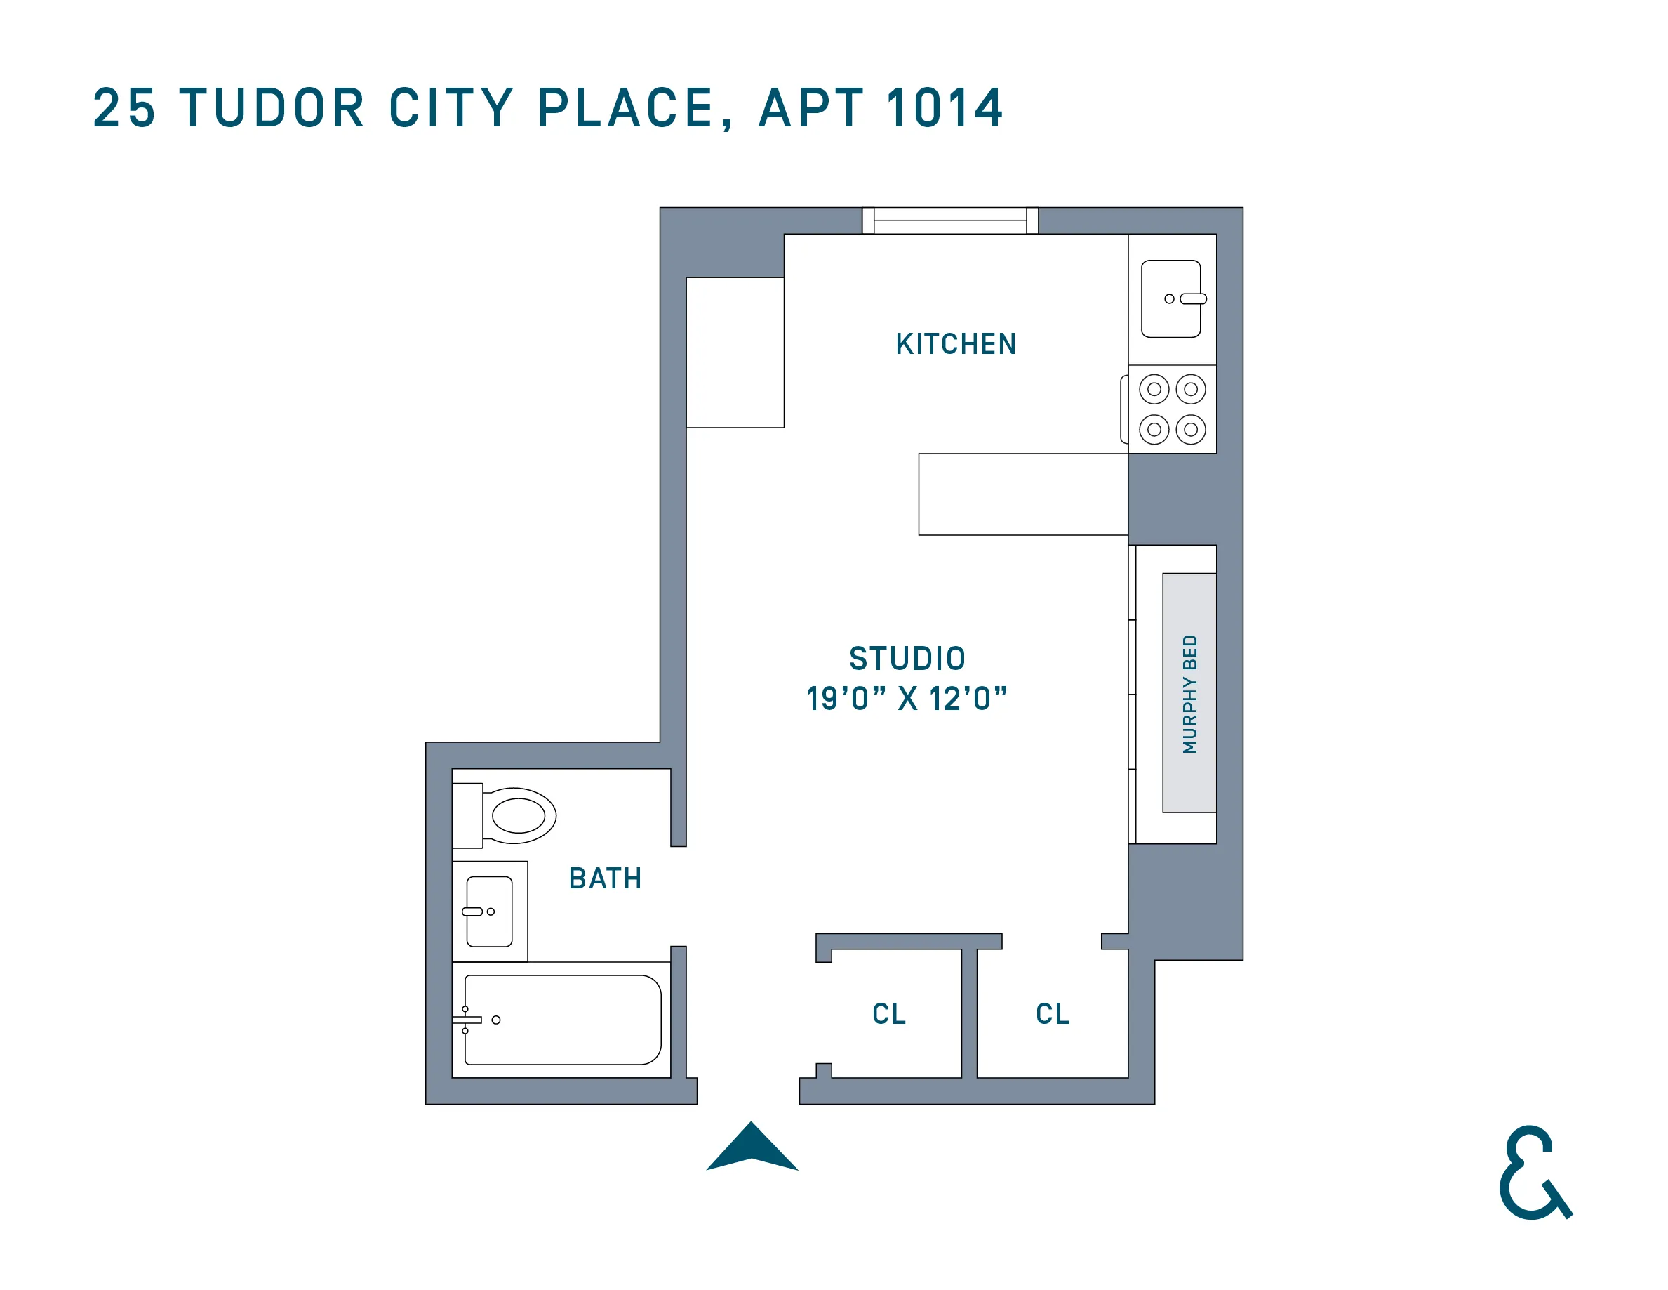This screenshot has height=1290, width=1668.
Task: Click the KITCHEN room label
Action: [x=956, y=344]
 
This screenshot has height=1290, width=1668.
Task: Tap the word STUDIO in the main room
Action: [x=907, y=658]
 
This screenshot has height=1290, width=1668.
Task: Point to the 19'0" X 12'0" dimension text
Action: [x=907, y=699]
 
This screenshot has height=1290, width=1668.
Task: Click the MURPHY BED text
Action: [x=1189, y=694]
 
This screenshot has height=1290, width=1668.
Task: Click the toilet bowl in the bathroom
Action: [x=519, y=815]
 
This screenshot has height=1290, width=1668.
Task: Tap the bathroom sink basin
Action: [x=490, y=911]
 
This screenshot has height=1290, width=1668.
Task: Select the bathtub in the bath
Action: [x=563, y=1020]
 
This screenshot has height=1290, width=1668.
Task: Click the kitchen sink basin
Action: [x=1170, y=299]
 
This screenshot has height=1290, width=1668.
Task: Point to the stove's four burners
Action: [x=1173, y=409]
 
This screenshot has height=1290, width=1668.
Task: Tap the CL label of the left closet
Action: [x=889, y=1014]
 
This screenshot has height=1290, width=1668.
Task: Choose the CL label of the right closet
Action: [x=1053, y=1014]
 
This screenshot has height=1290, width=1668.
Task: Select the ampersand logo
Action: [x=1533, y=1173]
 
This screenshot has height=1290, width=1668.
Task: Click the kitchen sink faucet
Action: [x=1193, y=299]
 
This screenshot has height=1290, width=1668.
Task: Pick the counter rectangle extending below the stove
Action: [x=1022, y=494]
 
